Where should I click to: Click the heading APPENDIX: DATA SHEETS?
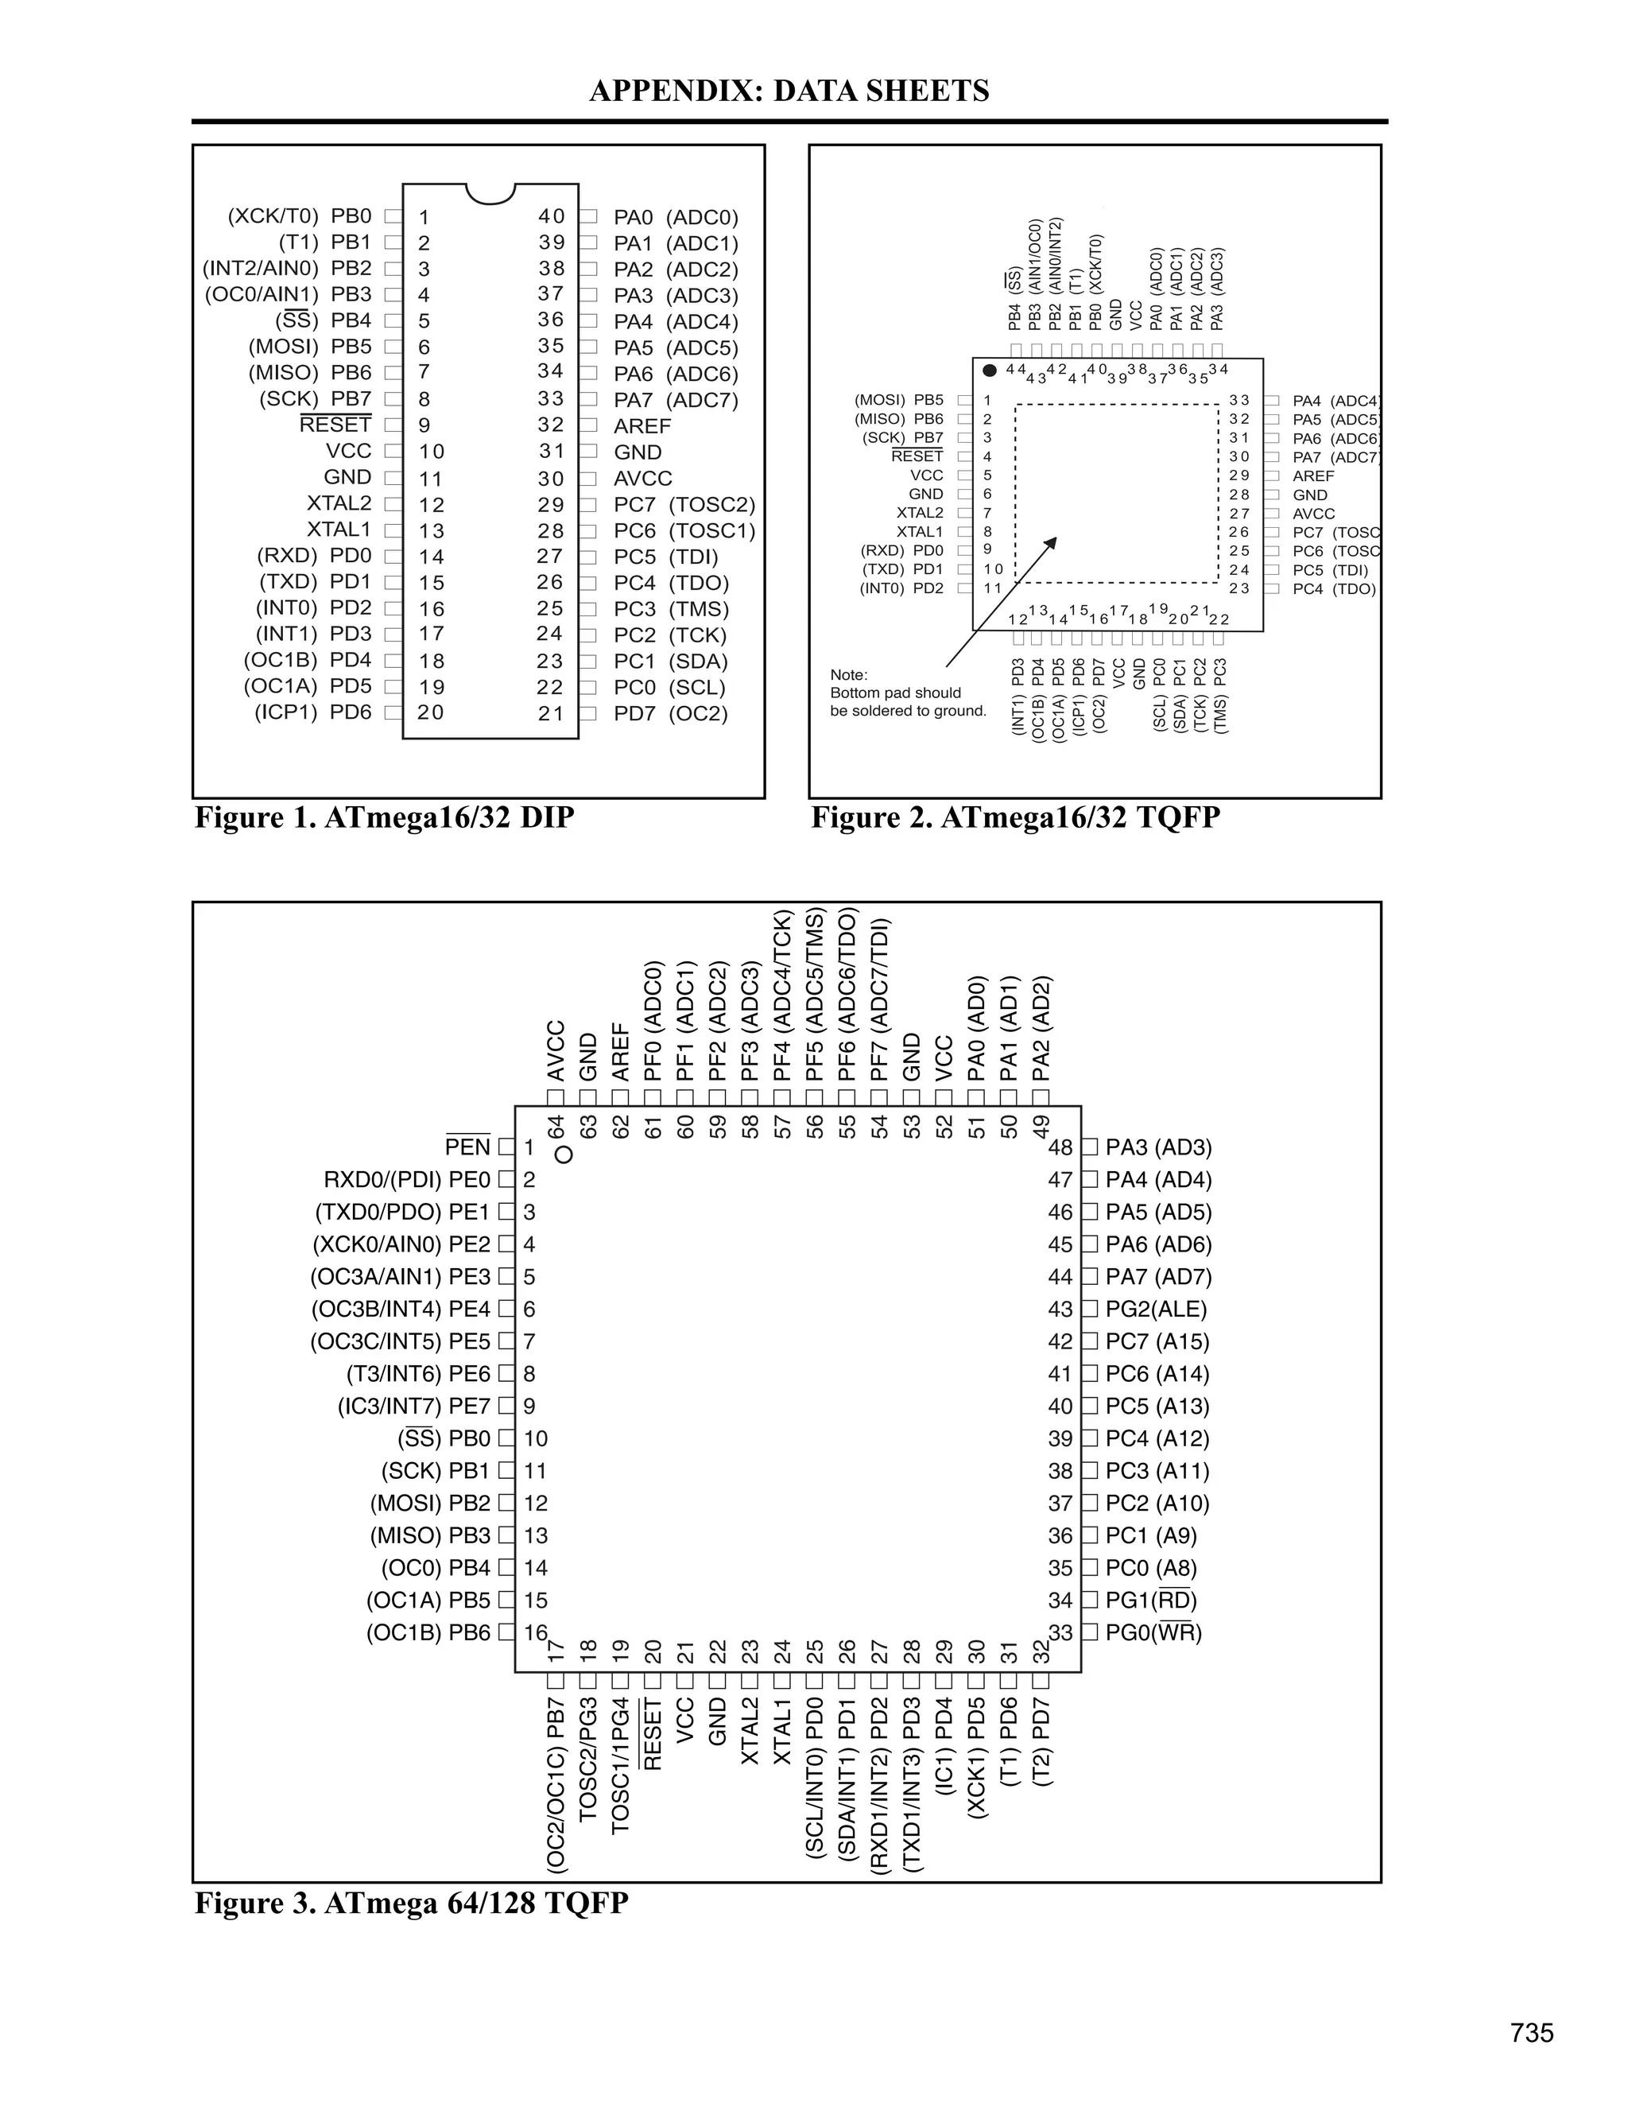(x=789, y=91)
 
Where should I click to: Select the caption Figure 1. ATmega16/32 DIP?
(x=384, y=817)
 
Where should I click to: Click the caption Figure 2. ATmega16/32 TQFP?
(x=1014, y=817)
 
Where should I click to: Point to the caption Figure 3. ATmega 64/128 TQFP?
(x=411, y=1903)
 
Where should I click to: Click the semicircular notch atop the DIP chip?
(x=490, y=193)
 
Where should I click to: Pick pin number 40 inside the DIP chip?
(x=552, y=217)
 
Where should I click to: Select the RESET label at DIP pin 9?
(x=335, y=425)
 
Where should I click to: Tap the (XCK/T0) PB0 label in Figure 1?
(x=299, y=217)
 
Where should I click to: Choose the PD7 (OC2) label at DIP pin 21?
(x=670, y=714)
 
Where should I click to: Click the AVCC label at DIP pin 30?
(x=642, y=479)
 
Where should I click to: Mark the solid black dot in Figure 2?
(x=990, y=371)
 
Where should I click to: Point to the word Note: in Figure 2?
(x=849, y=674)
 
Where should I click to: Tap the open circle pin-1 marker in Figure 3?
(x=564, y=1154)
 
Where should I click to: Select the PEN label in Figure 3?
(x=467, y=1147)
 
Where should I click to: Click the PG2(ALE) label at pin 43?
(x=1155, y=1310)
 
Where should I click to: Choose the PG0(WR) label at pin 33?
(x=1153, y=1632)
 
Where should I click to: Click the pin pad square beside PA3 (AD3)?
(x=1090, y=1147)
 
